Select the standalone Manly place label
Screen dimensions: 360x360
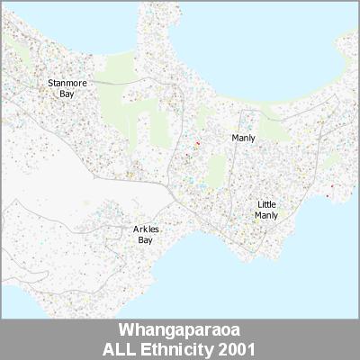point(243,138)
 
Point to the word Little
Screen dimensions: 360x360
point(266,205)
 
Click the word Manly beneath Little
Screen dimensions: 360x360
point(266,215)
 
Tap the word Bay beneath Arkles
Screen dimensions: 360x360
point(145,240)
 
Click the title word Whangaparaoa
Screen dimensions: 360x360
point(180,330)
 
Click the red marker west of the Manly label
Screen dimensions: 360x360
point(197,142)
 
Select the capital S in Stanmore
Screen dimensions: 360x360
point(49,83)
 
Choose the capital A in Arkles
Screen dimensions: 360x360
point(135,229)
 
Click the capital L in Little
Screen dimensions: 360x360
point(258,205)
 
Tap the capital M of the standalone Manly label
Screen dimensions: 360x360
point(235,138)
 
